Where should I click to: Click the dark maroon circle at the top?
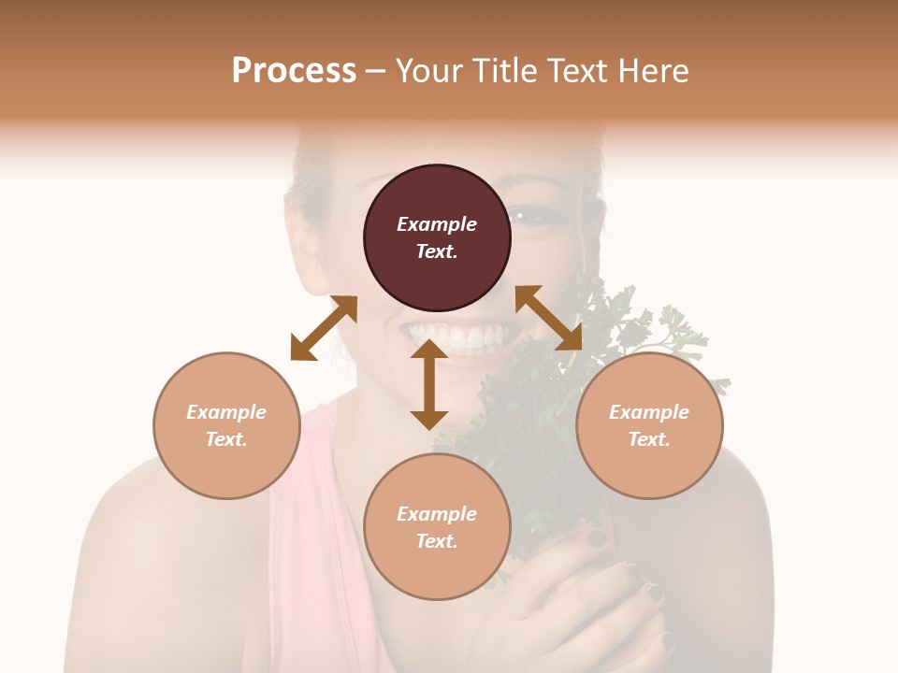coord(437,238)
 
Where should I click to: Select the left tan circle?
coord(226,425)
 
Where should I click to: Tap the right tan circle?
coord(649,425)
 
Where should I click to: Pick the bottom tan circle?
coord(437,527)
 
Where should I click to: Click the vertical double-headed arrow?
coord(429,384)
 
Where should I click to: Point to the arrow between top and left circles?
coord(324,328)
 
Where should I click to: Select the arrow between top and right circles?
coord(548,318)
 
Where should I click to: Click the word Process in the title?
coord(294,70)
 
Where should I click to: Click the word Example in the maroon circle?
coord(437,224)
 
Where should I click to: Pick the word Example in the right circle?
coord(649,412)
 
